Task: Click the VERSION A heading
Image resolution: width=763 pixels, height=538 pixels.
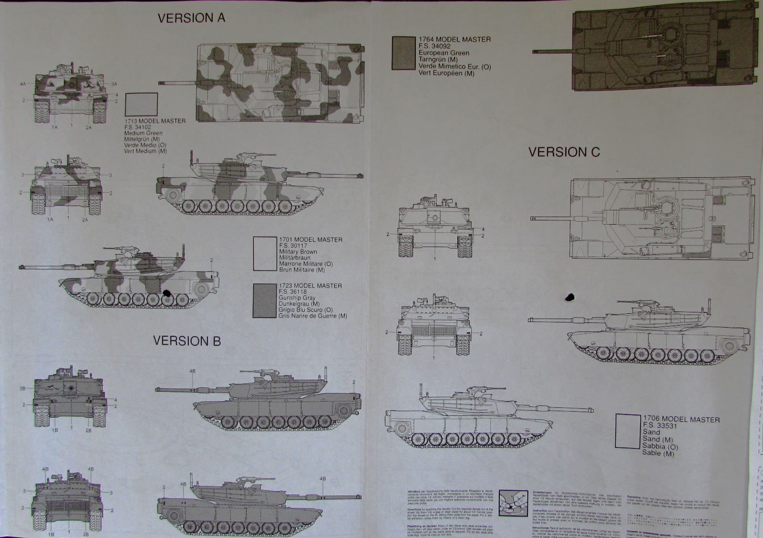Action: pyautogui.click(x=191, y=18)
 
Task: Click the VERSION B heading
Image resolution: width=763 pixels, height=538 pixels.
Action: pyautogui.click(x=187, y=341)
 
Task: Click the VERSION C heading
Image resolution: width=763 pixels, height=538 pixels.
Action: pyautogui.click(x=564, y=152)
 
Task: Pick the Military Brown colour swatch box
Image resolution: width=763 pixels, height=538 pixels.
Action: pyautogui.click(x=265, y=254)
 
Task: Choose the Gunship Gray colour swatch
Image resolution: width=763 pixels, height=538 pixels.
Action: pyautogui.click(x=265, y=300)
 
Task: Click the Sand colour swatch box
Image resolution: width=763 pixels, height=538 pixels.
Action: pyautogui.click(x=628, y=432)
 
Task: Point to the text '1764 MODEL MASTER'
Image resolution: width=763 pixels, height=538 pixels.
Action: pyautogui.click(x=454, y=40)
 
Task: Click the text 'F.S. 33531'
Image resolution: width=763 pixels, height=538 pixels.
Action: pyautogui.click(x=660, y=426)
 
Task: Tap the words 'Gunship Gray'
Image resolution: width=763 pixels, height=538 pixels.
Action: pyautogui.click(x=296, y=298)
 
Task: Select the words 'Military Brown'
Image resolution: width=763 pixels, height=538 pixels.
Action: pyautogui.click(x=299, y=251)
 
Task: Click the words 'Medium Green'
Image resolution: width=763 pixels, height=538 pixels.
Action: pyautogui.click(x=143, y=133)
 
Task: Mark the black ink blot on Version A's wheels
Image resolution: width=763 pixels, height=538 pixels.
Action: pyautogui.click(x=166, y=294)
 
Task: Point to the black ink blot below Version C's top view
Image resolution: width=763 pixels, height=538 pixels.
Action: pyautogui.click(x=569, y=298)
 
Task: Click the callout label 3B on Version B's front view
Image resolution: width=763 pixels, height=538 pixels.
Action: pyautogui.click(x=22, y=388)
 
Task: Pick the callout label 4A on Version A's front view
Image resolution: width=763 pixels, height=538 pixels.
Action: pyautogui.click(x=23, y=84)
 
